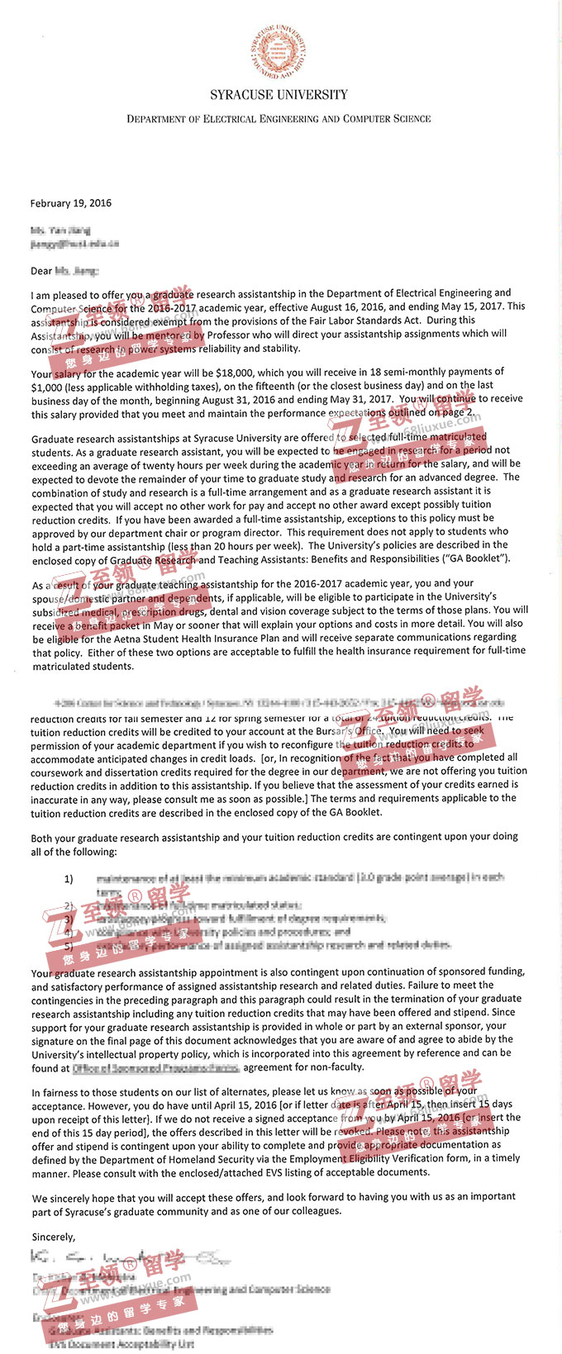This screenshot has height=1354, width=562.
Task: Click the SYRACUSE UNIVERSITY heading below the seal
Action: [x=279, y=95]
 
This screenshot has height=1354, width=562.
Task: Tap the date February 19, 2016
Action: [x=71, y=203]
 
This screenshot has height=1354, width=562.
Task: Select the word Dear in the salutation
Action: [x=41, y=271]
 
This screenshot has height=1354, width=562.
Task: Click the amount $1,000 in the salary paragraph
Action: [x=51, y=387]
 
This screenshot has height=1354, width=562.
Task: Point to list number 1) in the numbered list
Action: [x=69, y=879]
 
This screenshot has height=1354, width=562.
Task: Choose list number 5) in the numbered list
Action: [x=69, y=946]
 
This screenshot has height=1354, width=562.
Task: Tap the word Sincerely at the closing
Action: [x=53, y=1237]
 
